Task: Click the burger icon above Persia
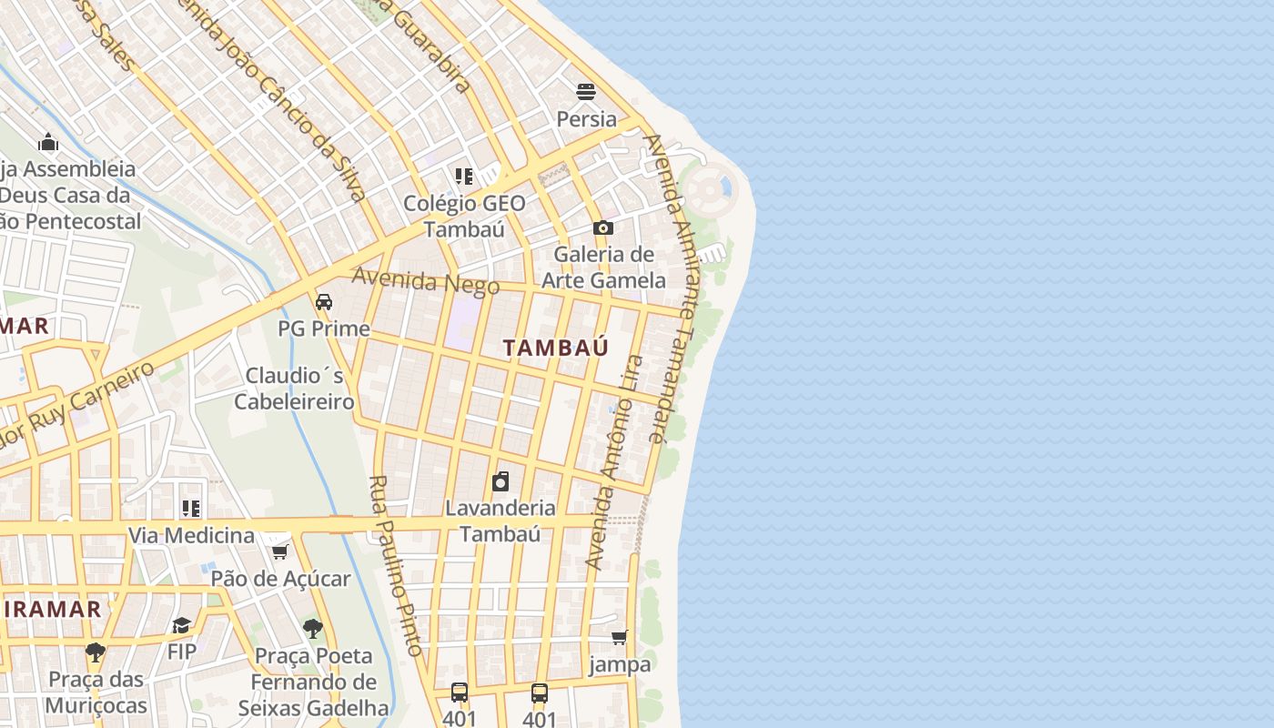586,91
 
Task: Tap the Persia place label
586,119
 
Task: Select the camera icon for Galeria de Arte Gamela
602,227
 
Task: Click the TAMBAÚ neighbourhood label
555,347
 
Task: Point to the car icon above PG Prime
323,301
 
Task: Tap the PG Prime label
324,329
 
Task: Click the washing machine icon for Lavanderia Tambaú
500,481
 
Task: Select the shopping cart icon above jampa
620,637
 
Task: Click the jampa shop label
620,664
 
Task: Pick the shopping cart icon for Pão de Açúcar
280,551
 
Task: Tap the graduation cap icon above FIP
181,625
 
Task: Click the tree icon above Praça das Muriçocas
95,652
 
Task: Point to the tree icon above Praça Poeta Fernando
313,628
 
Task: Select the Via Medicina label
191,535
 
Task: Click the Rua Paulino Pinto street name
397,564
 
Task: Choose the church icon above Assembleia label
48,142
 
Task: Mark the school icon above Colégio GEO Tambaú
464,176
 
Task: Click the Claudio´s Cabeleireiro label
294,389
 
